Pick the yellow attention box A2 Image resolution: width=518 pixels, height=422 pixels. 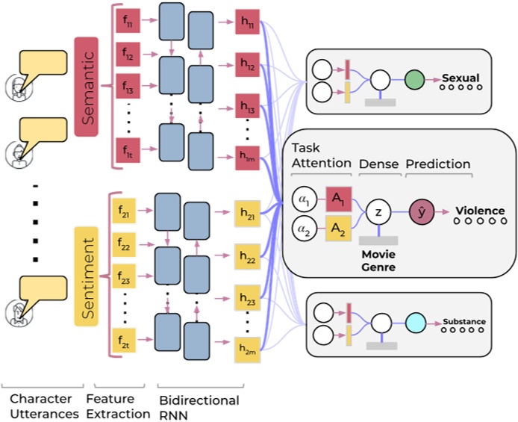[338, 229]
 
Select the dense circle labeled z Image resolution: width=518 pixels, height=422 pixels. [379, 213]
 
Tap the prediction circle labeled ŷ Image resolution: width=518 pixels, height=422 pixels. [422, 212]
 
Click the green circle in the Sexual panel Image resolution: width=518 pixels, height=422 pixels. [415, 78]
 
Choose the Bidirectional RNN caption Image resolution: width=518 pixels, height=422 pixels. [199, 407]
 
